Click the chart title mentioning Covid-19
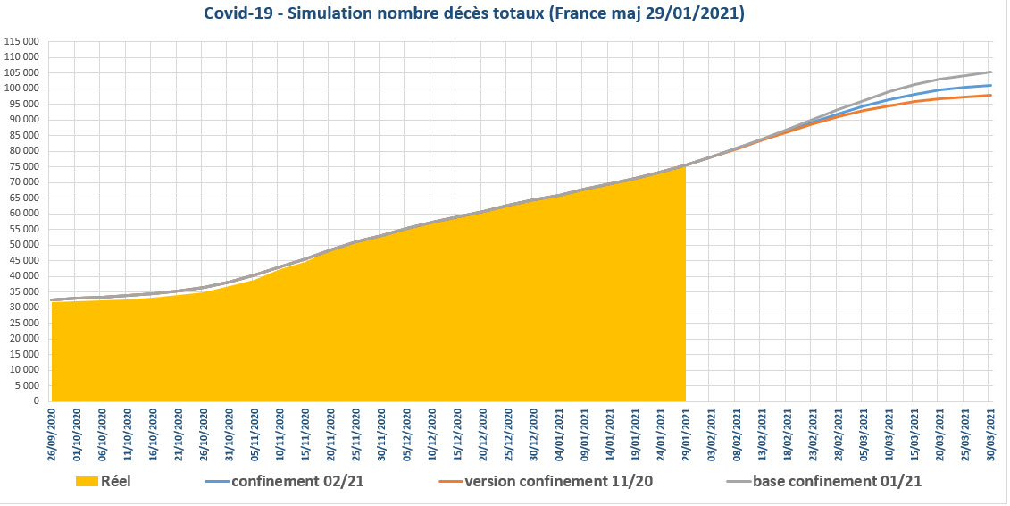pyautogui.click(x=474, y=15)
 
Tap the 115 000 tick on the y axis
pyautogui.click(x=21, y=41)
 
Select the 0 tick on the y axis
pyautogui.click(x=36, y=401)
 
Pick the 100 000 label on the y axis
pyautogui.click(x=21, y=89)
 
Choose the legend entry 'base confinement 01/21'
pyautogui.click(x=837, y=481)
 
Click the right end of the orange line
pyautogui.click(x=990, y=95)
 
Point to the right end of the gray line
pyautogui.click(x=990, y=72)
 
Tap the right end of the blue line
pyautogui.click(x=990, y=86)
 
